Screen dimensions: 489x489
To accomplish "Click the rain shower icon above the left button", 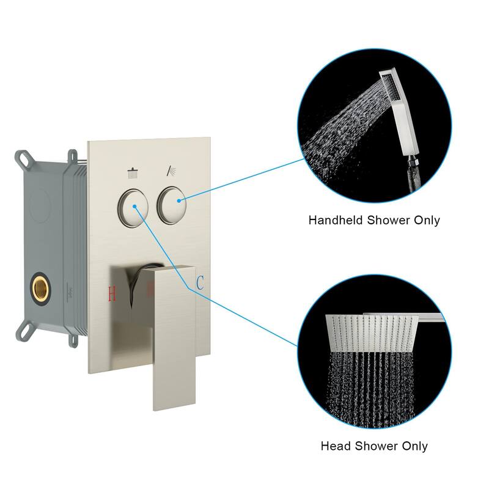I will pos(133,173).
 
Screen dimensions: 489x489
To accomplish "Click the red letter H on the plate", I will pos(112,293).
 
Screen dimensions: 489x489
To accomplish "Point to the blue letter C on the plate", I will pos(199,283).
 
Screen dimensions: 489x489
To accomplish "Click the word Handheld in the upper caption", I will pos(334,220).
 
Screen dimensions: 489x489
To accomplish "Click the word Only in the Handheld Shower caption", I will pos(425,220).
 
